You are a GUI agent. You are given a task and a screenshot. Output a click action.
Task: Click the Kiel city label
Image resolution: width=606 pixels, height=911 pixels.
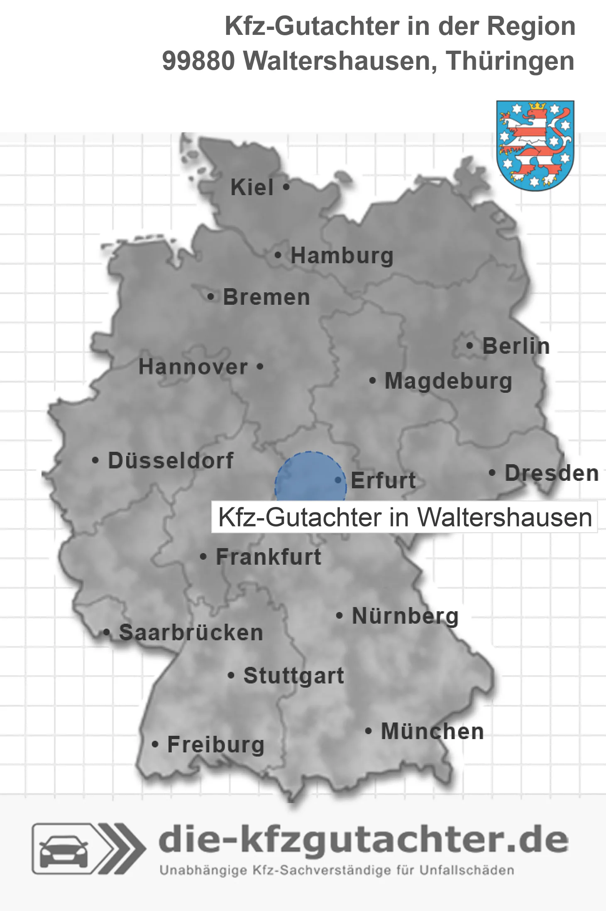coord(252,187)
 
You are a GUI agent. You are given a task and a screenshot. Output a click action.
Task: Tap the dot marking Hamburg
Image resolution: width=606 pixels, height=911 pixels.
coord(278,255)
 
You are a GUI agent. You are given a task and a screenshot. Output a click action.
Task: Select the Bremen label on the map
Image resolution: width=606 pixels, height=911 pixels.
coord(266,297)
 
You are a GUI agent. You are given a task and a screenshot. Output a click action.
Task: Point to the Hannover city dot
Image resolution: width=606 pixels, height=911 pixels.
coord(260,367)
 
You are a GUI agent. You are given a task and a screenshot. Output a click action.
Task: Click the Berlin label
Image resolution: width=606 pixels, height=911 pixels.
coord(516,346)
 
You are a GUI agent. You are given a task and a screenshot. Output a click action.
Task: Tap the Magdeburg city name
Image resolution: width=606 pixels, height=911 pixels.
coord(448,381)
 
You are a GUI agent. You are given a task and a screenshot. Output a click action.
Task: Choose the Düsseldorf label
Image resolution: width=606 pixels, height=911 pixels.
coord(171,460)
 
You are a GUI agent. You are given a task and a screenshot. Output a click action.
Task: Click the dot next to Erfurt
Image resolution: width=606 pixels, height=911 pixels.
coord(338,480)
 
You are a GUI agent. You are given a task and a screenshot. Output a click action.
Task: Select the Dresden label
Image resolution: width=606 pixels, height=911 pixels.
coord(552,473)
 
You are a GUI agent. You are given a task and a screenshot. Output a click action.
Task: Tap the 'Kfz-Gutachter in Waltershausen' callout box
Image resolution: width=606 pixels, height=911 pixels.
coord(405,517)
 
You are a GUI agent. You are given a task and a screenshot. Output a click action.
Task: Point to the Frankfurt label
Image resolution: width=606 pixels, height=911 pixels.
coord(269,557)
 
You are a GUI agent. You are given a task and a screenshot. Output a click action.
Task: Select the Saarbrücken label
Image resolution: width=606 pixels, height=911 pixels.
coord(191,633)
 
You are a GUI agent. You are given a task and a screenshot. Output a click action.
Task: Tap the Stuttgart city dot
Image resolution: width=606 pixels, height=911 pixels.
coord(231,676)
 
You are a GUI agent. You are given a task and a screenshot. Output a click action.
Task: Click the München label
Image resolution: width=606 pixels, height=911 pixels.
coord(433,731)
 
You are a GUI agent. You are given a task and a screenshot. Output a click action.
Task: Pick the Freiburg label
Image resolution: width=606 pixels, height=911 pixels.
coord(216,744)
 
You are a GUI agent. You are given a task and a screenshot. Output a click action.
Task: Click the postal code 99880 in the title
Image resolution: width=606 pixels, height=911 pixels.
coord(198,61)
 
